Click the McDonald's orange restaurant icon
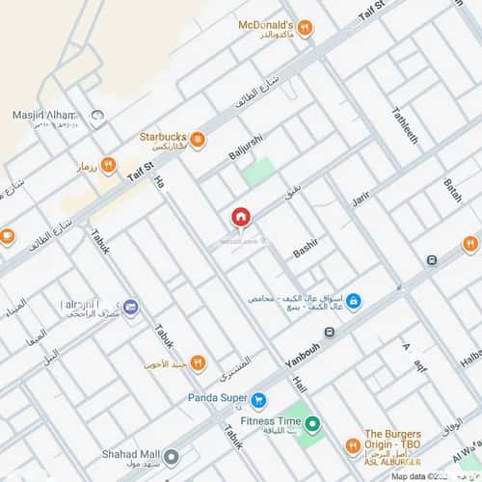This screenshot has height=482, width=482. [x=304, y=27]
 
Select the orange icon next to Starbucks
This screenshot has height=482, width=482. [x=197, y=141]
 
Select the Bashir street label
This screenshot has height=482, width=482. [x=305, y=252]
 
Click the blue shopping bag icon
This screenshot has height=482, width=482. [x=354, y=301]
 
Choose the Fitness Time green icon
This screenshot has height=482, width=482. [x=313, y=421]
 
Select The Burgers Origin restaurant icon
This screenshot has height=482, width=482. [x=353, y=445]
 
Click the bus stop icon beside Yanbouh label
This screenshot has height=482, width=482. [x=331, y=333]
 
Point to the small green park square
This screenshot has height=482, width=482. [x=258, y=173]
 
